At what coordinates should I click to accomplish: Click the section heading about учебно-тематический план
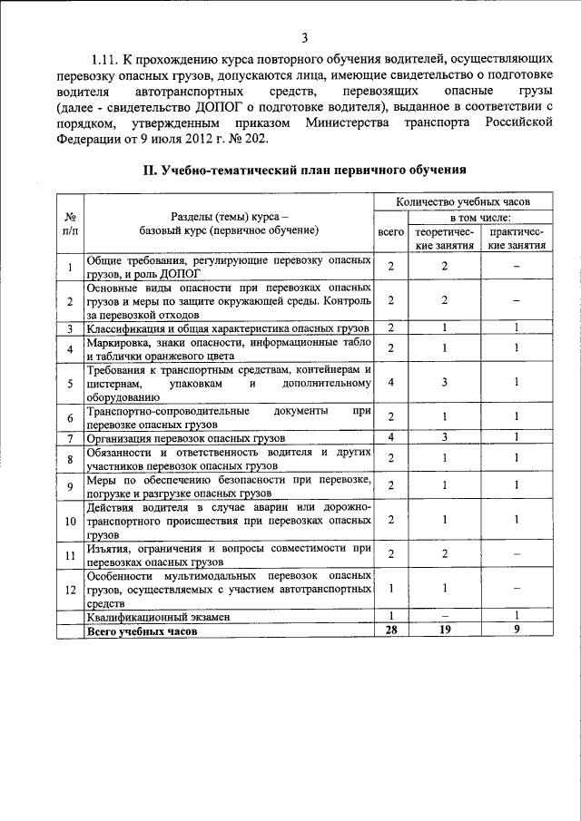[x=306, y=170]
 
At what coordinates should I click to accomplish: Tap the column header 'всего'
[x=390, y=232]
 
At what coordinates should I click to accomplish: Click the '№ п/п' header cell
[x=70, y=224]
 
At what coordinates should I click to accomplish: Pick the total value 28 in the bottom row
[x=390, y=630]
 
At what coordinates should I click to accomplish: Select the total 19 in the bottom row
[x=445, y=630]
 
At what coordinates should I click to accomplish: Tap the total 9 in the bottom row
[x=516, y=630]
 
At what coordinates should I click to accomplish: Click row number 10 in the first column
[x=70, y=521]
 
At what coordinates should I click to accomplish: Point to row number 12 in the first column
[x=70, y=589]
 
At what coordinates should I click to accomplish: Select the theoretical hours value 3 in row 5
[x=445, y=382]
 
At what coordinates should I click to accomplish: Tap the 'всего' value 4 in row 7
[x=390, y=438]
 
